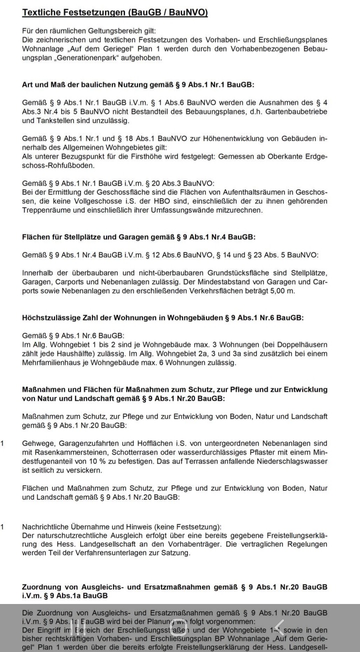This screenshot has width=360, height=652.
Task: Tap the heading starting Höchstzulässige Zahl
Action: pos(162,317)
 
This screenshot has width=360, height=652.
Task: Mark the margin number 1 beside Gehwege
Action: pos(3,443)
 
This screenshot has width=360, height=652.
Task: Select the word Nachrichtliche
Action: pos(46,527)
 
